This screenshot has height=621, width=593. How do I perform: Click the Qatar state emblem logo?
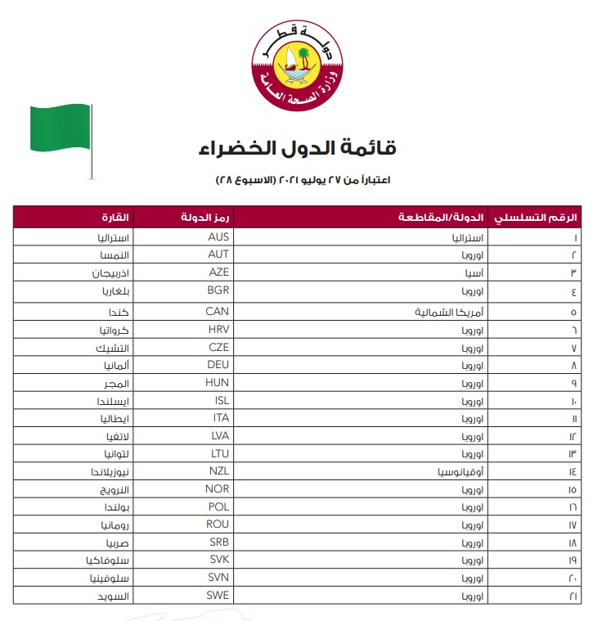(x=295, y=66)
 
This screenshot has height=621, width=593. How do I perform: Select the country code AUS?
(x=218, y=236)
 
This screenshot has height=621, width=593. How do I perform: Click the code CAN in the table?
(x=218, y=312)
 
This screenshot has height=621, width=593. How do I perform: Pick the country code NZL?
(x=218, y=471)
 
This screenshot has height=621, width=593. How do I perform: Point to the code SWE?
(x=218, y=595)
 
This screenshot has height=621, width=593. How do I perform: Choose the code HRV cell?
(x=218, y=329)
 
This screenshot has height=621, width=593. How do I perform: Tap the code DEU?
(x=218, y=365)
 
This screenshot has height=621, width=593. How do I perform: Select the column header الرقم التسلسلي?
(x=549, y=218)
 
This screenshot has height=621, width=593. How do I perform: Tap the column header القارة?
(x=114, y=218)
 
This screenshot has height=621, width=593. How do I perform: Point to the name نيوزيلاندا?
(x=115, y=471)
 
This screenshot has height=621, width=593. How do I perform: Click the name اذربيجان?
(x=115, y=272)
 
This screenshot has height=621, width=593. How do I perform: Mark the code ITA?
(x=219, y=418)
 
